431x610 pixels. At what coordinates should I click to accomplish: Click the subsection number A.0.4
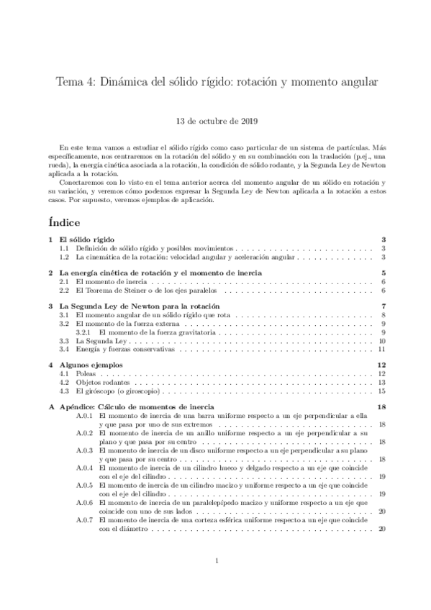(x=85, y=468)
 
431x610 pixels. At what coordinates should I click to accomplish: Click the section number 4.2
(x=64, y=383)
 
